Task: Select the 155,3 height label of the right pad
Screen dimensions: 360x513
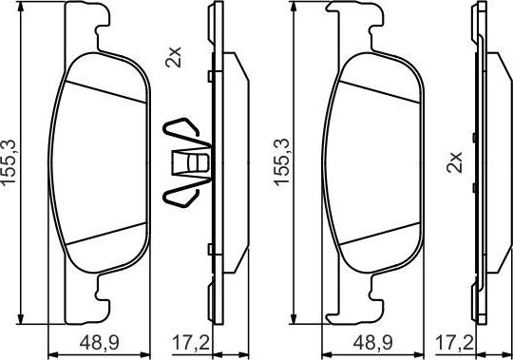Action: [x=281, y=161]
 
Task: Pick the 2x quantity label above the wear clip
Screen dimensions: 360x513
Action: [x=172, y=59]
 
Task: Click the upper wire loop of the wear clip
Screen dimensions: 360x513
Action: [x=181, y=131]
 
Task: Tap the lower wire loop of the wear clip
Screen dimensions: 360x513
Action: [x=181, y=194]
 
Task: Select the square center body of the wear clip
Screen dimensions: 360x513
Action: [x=194, y=163]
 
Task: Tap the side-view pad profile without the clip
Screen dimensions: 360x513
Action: [x=484, y=161]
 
